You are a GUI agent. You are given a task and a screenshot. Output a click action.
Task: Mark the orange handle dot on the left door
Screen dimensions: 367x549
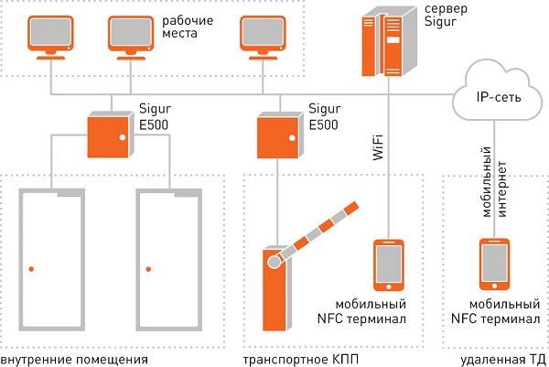31,268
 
